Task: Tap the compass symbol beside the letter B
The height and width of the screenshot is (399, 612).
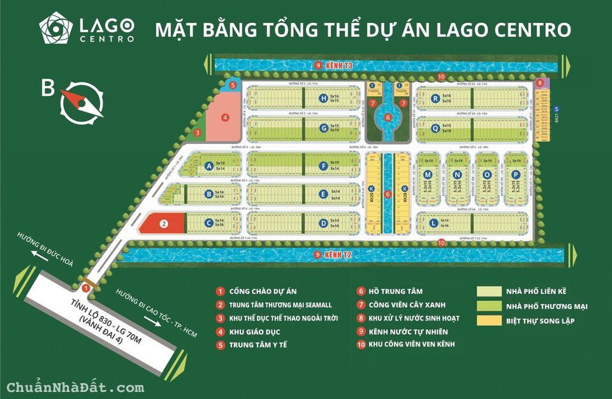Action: click(x=82, y=101)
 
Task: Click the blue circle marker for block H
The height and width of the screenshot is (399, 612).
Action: click(x=324, y=98)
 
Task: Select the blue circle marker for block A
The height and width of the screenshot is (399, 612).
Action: click(x=208, y=166)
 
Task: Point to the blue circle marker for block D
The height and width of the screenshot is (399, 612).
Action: click(x=324, y=223)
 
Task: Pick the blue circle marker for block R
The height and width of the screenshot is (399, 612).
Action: click(x=435, y=98)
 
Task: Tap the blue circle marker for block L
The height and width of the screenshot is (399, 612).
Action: click(x=433, y=223)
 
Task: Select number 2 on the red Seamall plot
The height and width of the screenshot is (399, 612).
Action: click(x=164, y=224)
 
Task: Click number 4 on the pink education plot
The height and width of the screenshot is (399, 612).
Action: click(x=225, y=117)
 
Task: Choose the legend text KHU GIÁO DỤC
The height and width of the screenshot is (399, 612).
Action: click(x=254, y=332)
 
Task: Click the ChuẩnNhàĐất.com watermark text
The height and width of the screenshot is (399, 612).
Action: click(x=75, y=387)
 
